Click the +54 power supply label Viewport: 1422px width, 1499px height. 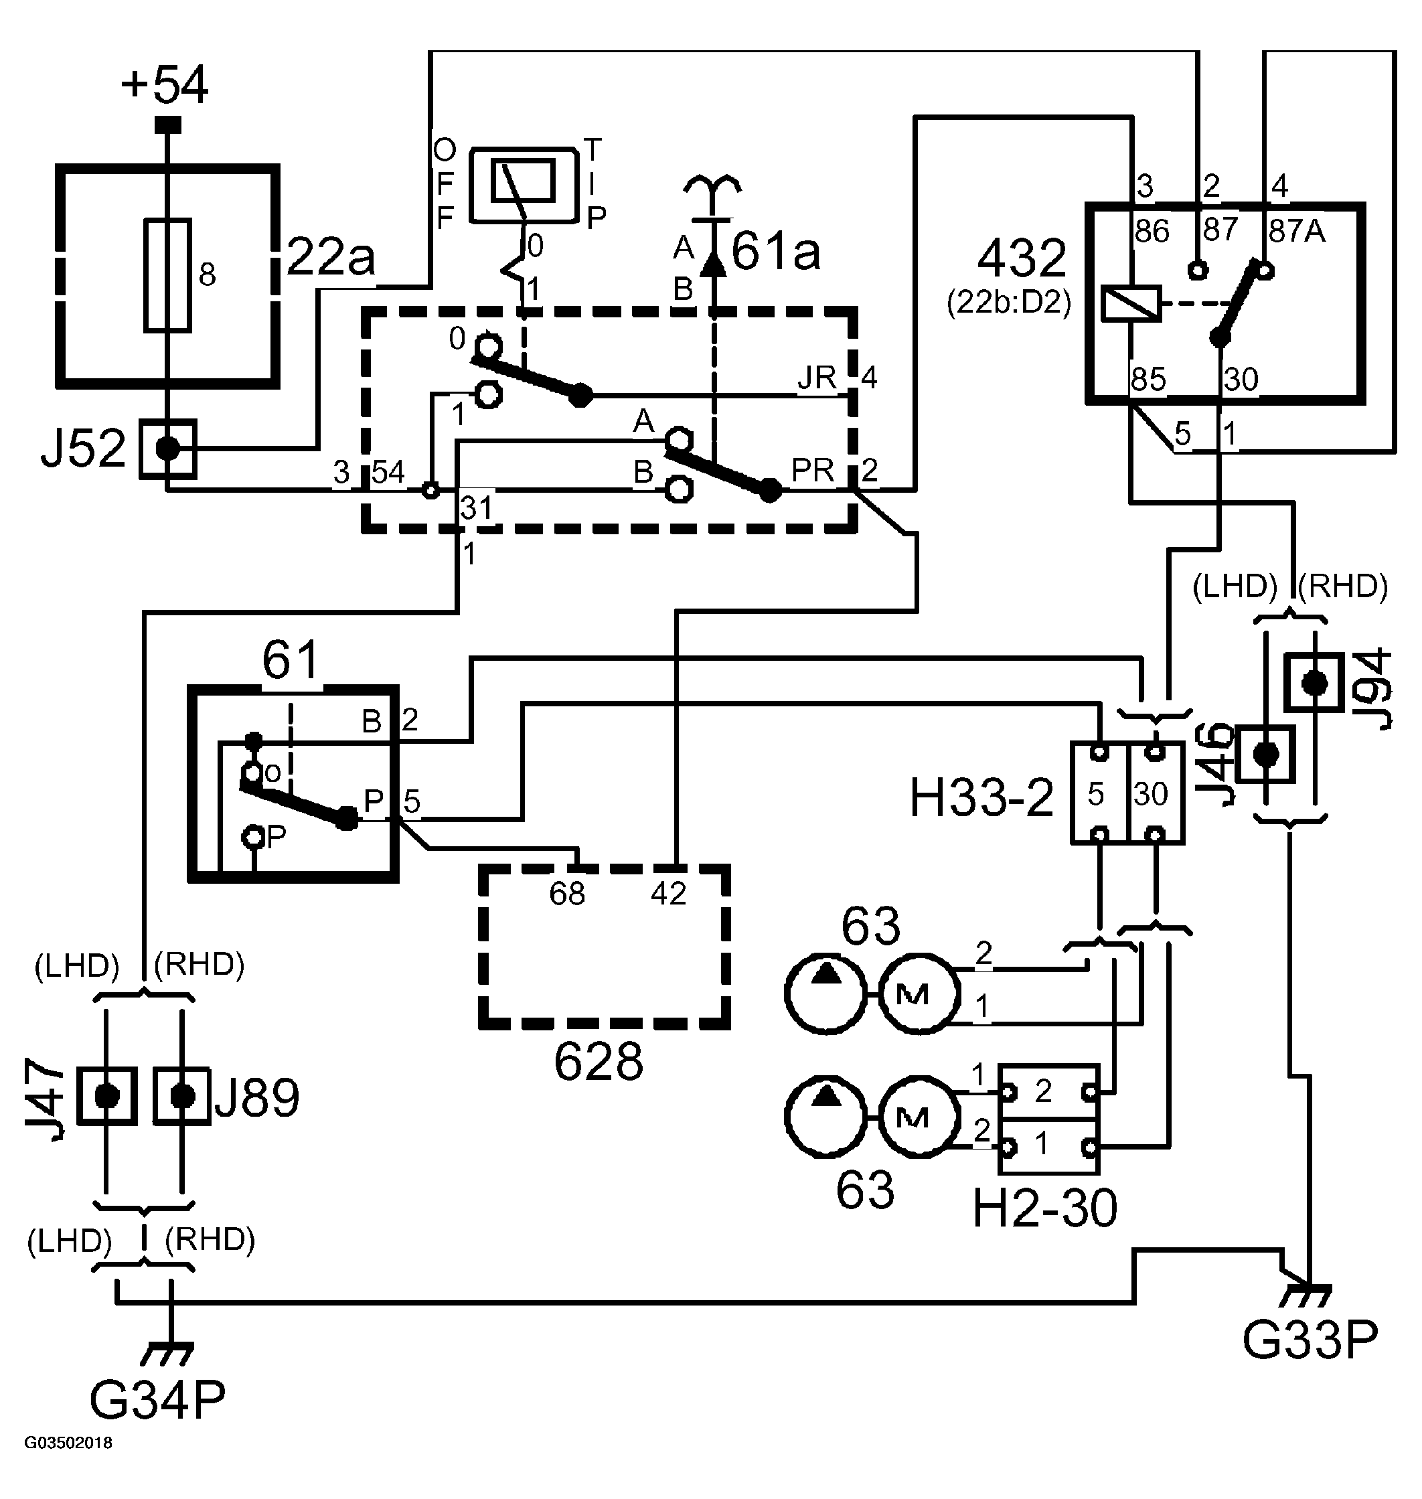165,85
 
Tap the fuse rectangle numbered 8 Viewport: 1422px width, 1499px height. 167,276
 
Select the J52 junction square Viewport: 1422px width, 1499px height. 167,449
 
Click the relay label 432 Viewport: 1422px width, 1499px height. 1022,258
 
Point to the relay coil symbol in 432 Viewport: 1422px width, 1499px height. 1131,304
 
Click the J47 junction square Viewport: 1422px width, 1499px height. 107,1096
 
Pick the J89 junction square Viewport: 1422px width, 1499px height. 182,1096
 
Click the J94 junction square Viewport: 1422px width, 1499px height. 1314,684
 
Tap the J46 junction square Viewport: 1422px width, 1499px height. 1265,754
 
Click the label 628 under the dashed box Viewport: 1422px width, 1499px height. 598,1062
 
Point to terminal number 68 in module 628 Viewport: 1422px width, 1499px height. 567,894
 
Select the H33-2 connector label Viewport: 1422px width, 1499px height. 981,798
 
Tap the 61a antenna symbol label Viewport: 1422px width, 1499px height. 776,252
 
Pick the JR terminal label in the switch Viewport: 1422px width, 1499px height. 816,378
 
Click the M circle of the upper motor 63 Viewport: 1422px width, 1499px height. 919,993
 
